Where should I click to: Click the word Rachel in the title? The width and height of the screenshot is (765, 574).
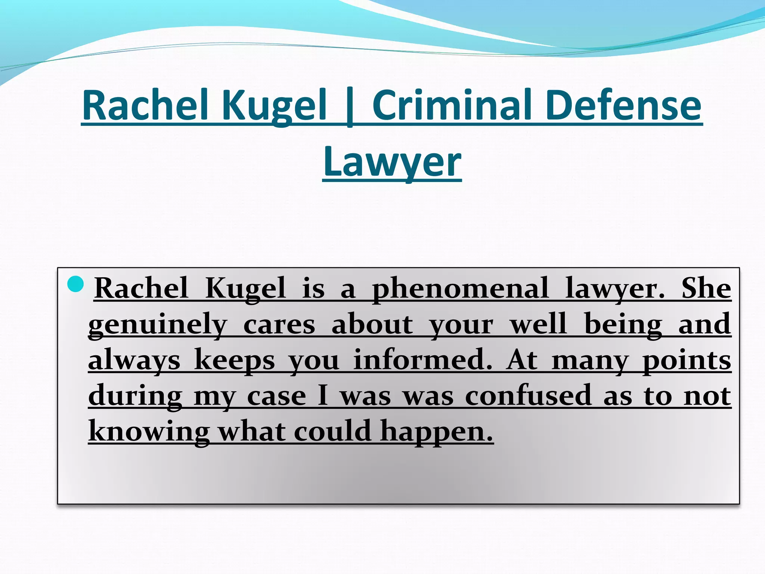pyautogui.click(x=145, y=105)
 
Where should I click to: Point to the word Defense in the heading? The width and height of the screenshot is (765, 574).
pyautogui.click(x=623, y=105)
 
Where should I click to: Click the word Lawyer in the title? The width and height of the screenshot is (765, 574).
pyautogui.click(x=392, y=161)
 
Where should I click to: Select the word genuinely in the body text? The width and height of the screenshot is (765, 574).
pyautogui.click(x=158, y=324)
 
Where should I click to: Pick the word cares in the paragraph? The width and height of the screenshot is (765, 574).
pyautogui.click(x=279, y=324)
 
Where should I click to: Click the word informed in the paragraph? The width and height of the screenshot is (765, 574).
pyautogui.click(x=422, y=359)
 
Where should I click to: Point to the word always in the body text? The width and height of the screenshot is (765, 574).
pyautogui.click(x=134, y=359)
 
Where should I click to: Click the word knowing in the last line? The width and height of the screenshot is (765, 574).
pyautogui.click(x=149, y=431)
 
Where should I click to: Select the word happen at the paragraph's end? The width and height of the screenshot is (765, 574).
pyautogui.click(x=437, y=431)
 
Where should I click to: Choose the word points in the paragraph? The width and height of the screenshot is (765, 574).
pyautogui.click(x=687, y=359)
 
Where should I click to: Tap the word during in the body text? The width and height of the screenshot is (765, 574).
pyautogui.click(x=135, y=395)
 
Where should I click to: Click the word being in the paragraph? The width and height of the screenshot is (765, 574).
pyautogui.click(x=623, y=324)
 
